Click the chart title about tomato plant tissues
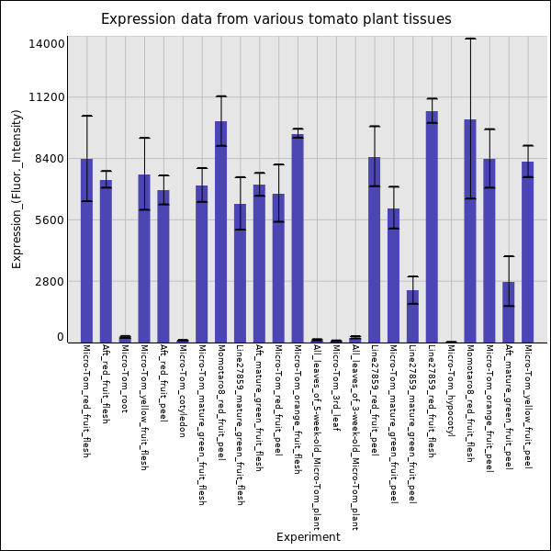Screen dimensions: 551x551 [275, 19]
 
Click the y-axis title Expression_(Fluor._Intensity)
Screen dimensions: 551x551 [17, 188]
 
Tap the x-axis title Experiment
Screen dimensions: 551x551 [308, 537]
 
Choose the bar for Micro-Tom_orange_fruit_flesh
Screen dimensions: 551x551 [298, 239]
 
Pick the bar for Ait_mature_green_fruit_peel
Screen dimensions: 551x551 [509, 312]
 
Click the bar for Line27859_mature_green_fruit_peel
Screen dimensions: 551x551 [412, 317]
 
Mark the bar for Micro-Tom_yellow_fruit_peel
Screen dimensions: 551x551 [528, 253]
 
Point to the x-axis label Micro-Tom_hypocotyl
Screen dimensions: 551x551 [451, 389]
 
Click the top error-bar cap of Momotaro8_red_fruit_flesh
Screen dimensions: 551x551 [470, 39]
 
